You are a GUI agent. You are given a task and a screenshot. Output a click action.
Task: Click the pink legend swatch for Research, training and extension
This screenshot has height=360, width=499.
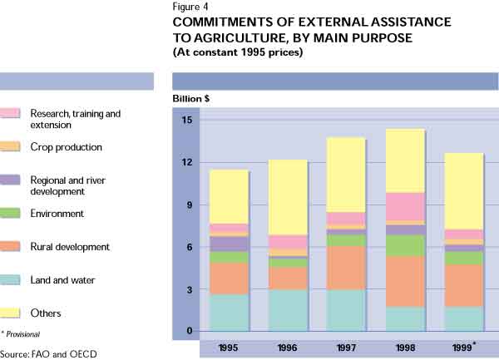(10, 113)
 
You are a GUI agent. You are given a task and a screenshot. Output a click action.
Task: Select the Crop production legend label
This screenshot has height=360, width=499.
(66, 147)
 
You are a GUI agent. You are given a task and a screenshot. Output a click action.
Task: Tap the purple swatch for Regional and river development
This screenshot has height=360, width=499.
(10, 180)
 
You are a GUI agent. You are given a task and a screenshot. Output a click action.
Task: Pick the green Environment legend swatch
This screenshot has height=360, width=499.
(10, 214)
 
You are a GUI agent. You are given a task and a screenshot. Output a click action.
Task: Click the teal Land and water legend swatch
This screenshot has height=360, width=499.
(10, 280)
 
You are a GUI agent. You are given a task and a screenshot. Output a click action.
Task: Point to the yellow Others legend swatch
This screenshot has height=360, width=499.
(10, 313)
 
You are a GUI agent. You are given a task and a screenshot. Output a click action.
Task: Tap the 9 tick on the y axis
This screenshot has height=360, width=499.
(189, 205)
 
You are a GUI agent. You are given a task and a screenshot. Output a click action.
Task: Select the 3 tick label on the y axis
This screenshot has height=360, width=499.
(189, 290)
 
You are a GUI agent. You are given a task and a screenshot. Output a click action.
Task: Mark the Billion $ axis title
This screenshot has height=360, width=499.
(192, 98)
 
